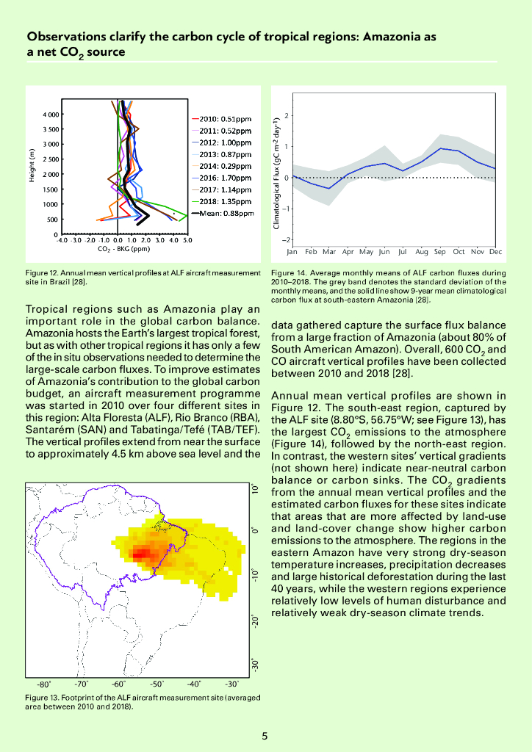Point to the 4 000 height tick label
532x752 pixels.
pos(50,115)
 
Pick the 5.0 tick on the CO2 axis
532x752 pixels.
pos(187,240)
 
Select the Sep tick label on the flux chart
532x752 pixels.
pos(439,251)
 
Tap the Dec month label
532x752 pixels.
pos(495,251)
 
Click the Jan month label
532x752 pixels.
pos(292,251)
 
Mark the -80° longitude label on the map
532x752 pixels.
pos(44,683)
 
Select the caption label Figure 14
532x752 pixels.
pos(289,272)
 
